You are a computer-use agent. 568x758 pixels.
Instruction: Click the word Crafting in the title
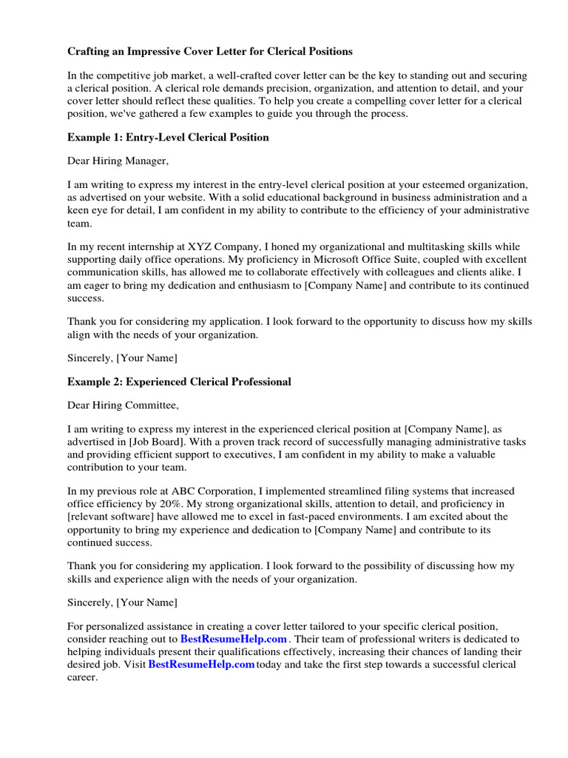point(91,52)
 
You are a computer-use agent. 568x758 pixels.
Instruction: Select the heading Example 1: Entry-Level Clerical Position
point(168,137)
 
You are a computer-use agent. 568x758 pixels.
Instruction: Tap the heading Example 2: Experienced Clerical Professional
point(179,382)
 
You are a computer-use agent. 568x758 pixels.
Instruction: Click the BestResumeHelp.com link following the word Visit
point(201,665)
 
